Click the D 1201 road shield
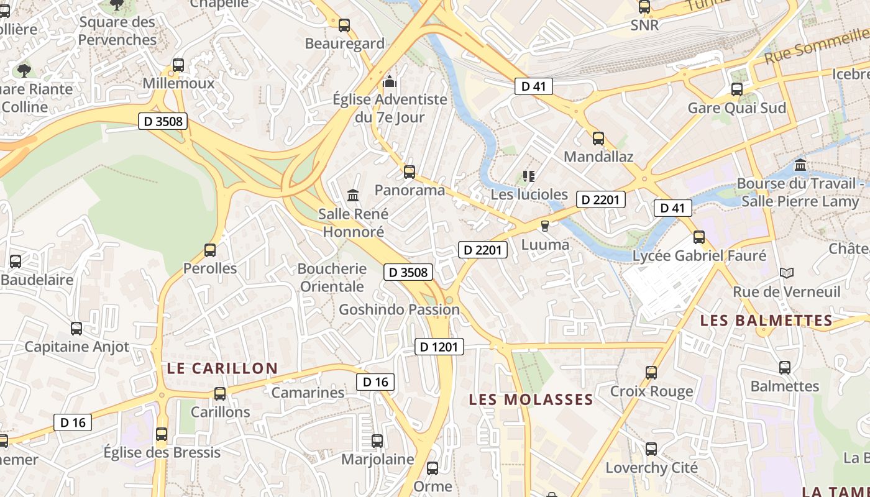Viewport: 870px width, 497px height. coord(439,347)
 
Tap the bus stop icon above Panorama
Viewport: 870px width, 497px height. coord(409,172)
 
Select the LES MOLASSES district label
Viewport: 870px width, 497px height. coord(531,399)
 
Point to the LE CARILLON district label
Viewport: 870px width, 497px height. coord(222,368)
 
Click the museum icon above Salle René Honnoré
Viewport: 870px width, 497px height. coord(353,196)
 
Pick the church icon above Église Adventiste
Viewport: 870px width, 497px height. coord(390,81)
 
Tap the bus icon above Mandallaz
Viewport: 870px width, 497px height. coord(598,139)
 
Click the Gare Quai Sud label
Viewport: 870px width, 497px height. coord(736,108)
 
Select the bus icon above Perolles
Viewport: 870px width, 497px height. coord(210,250)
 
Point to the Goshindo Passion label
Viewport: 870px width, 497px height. coord(399,309)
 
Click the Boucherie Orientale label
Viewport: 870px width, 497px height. coord(332,278)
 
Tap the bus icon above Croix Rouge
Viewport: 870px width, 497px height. coord(651,373)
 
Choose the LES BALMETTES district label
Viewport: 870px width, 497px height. coord(766,321)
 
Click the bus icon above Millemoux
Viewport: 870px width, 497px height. coord(178,65)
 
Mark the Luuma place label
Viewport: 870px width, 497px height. coord(545,245)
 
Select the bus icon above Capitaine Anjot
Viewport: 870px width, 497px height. coord(76,329)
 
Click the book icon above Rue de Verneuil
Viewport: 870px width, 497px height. coord(786,273)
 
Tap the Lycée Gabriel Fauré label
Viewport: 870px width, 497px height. coord(699,255)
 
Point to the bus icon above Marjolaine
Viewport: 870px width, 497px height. coord(377,441)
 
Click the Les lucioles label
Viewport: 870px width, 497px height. coord(529,194)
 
